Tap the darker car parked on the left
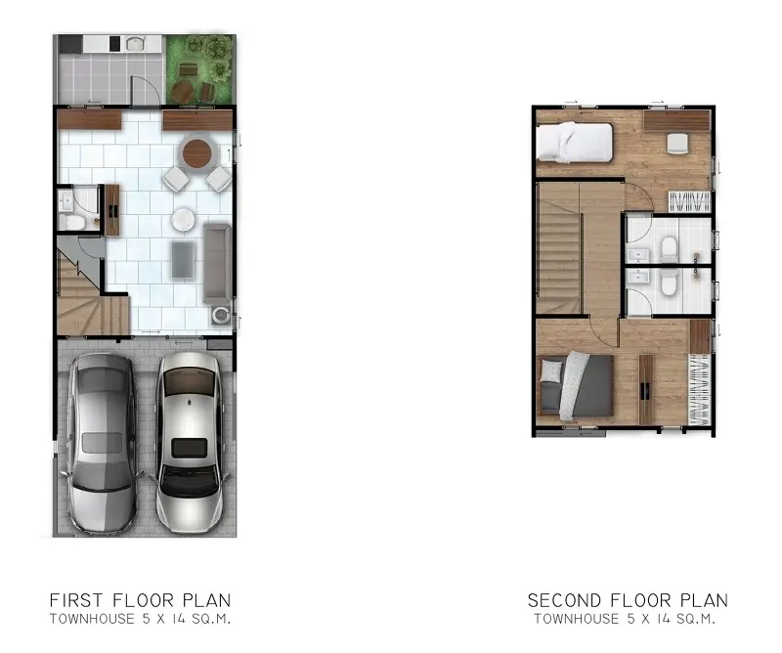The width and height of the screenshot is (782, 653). (x=103, y=443)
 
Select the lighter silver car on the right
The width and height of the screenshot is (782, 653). (x=190, y=443)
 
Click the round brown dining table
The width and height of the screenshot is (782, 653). (x=196, y=153)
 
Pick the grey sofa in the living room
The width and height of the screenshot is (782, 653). (x=217, y=263)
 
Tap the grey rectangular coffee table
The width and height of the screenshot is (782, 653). (x=184, y=259)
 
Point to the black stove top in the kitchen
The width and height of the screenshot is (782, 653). (x=114, y=44)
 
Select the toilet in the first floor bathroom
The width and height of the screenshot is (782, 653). (x=69, y=222)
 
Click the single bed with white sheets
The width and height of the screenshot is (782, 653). (x=574, y=142)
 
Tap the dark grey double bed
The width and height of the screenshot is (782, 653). (x=576, y=384)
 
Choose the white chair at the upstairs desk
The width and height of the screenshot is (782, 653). (x=677, y=143)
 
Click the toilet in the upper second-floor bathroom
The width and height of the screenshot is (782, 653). (x=669, y=249)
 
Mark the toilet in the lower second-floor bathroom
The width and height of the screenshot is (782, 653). (x=669, y=283)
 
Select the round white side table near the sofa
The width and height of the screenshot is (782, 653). (x=183, y=219)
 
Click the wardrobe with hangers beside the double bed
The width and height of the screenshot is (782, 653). (x=699, y=390)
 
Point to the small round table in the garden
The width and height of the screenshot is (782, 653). (x=182, y=92)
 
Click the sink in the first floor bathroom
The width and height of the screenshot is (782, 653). (x=65, y=201)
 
